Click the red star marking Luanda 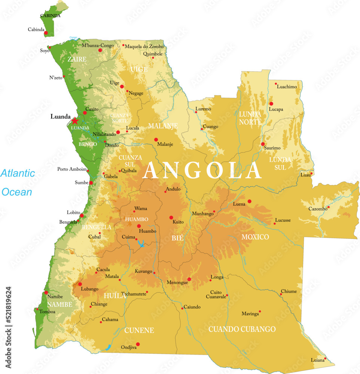pyautogui.click(x=75, y=121)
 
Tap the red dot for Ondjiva pyautogui.click(x=138, y=344)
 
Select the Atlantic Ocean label pyautogui.click(x=17, y=183)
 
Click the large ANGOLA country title pyautogui.click(x=202, y=171)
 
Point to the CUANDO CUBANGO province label pyautogui.click(x=242, y=329)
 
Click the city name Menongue pyautogui.click(x=177, y=282)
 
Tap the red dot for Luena pyautogui.click(x=250, y=201)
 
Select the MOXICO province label pyautogui.click(x=255, y=237)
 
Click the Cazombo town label pyautogui.click(x=318, y=209)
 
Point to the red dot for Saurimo pyautogui.click(x=263, y=144)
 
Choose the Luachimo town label pyautogui.click(x=287, y=86)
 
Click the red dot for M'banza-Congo pyautogui.click(x=100, y=50)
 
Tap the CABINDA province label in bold pyautogui.click(x=50, y=15)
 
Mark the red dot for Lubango pyautogui.click(x=80, y=284)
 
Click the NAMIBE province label pyautogui.click(x=60, y=304)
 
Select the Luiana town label pyautogui.click(x=318, y=360)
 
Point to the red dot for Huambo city pyautogui.click(x=139, y=226)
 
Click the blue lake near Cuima pyautogui.click(x=141, y=245)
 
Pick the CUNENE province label pyautogui.click(x=139, y=330)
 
